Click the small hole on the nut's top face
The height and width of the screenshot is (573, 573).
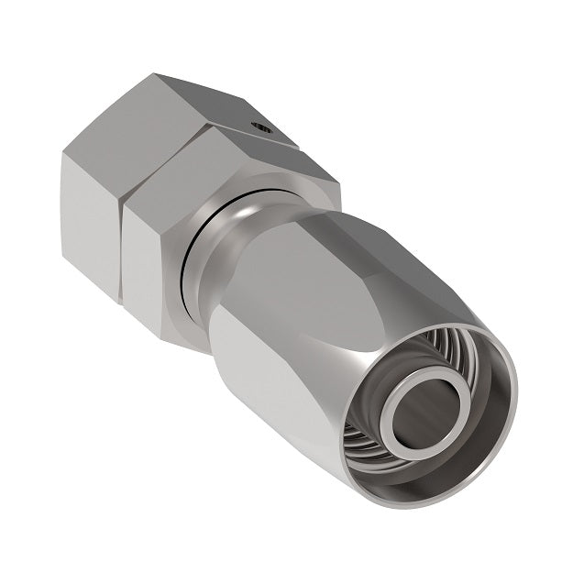tap(263, 130)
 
